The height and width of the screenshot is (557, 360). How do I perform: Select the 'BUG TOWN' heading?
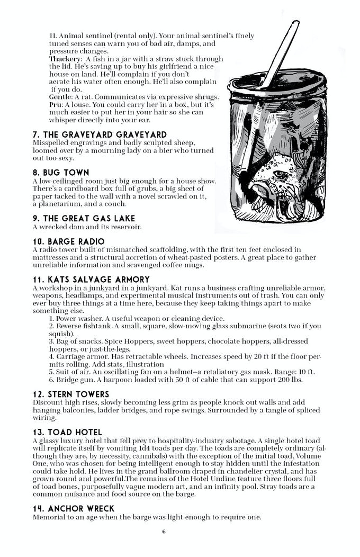[x=61, y=173]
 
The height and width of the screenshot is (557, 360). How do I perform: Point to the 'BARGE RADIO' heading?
[x=68, y=241]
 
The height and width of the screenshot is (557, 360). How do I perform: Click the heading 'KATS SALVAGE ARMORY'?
[x=91, y=280]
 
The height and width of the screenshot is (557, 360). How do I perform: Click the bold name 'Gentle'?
[x=60, y=97]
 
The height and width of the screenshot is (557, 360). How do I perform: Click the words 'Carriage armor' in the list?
[x=78, y=357]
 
